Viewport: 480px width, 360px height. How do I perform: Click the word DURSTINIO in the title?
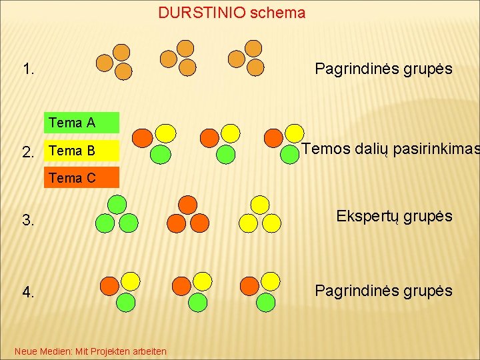click(x=202, y=13)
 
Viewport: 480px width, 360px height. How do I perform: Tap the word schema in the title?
click(x=278, y=13)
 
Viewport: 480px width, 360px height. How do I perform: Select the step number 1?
click(x=29, y=69)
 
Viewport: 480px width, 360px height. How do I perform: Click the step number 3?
click(x=28, y=221)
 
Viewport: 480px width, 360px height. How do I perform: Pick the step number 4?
click(x=28, y=292)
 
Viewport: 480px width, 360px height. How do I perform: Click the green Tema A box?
click(x=81, y=123)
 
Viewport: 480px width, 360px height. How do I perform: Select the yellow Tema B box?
click(x=81, y=151)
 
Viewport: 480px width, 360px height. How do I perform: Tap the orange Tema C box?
click(x=81, y=178)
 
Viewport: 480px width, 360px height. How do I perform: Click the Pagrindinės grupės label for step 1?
click(x=383, y=69)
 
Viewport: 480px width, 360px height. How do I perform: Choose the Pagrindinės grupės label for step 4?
click(x=383, y=291)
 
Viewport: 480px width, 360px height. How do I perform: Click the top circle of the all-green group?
click(x=117, y=203)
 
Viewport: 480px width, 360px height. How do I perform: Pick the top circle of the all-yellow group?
click(x=259, y=204)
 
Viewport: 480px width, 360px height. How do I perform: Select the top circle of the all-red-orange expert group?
click(x=188, y=204)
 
